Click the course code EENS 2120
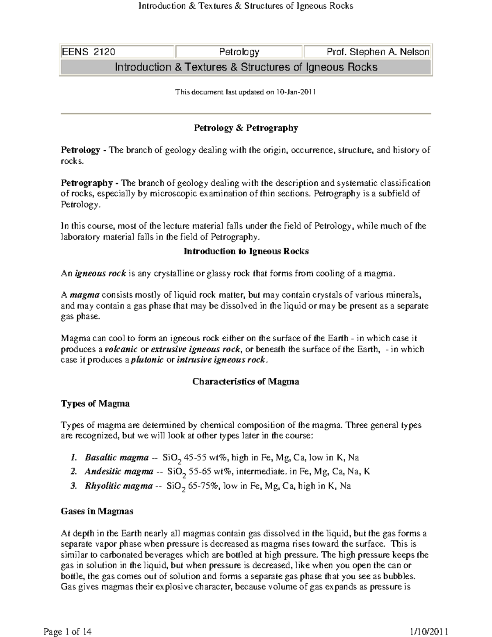pos(88,52)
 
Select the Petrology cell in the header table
pos(239,52)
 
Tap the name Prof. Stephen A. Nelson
pos(378,52)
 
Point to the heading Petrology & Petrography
pos(246,128)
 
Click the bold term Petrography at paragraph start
pos(87,183)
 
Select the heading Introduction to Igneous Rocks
pos(246,251)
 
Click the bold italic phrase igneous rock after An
pos(100,274)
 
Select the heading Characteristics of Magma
pos(246,382)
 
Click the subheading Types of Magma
pos(95,404)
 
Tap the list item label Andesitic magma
pos(119,472)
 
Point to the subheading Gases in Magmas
pos(97,511)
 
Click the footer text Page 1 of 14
pos(67,632)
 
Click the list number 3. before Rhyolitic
pos(74,486)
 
